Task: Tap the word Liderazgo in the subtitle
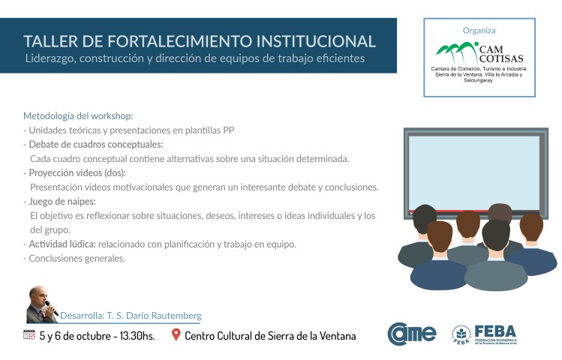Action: tap(50, 58)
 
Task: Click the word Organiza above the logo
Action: tap(479, 31)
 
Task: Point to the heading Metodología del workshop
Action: tap(78, 116)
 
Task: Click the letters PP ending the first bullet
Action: tap(228, 130)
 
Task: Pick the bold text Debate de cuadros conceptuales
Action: tap(96, 144)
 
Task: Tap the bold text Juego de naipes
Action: tap(62, 201)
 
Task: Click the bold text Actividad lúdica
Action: tap(62, 244)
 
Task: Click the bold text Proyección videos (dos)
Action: tap(77, 173)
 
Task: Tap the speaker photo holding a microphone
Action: tap(42, 304)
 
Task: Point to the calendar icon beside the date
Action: tap(29, 334)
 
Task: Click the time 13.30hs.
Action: tap(137, 336)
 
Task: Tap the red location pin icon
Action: tap(176, 334)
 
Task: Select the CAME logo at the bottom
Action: tap(411, 334)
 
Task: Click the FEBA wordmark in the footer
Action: tap(495, 331)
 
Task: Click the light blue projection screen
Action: tap(474, 172)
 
